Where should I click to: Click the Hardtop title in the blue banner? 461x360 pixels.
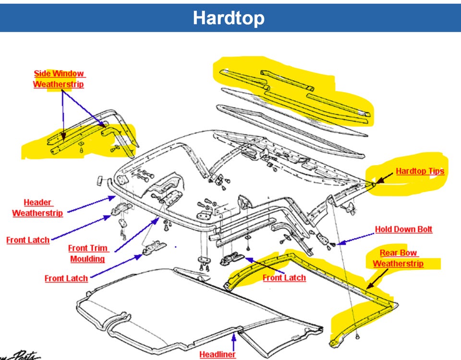(x=229, y=18)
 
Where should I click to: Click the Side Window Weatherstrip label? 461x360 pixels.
(x=59, y=79)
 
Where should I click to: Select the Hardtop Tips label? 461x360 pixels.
(x=420, y=171)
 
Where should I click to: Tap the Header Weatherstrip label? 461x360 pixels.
(x=38, y=208)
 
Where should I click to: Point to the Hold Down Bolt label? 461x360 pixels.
(x=403, y=229)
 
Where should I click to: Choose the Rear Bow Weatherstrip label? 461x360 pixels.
(x=398, y=258)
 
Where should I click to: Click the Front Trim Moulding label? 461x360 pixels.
(x=88, y=253)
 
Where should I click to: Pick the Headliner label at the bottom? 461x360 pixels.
(x=218, y=354)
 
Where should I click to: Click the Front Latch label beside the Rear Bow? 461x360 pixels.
(x=284, y=277)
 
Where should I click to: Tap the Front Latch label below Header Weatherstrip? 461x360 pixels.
(x=28, y=240)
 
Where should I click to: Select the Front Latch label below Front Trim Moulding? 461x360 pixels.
(x=66, y=278)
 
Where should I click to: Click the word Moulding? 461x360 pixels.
(x=87, y=259)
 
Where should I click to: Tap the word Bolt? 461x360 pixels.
(x=424, y=229)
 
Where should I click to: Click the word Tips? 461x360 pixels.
(x=435, y=171)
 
